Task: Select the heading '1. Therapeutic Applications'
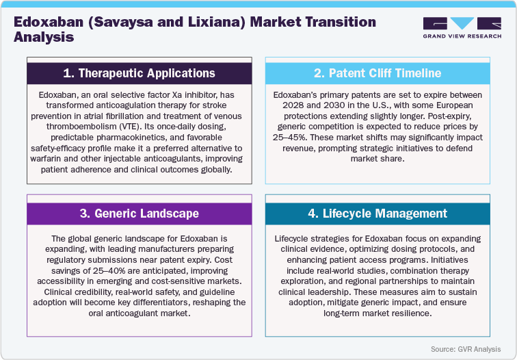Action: click(131, 73)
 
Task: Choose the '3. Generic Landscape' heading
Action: click(131, 214)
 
